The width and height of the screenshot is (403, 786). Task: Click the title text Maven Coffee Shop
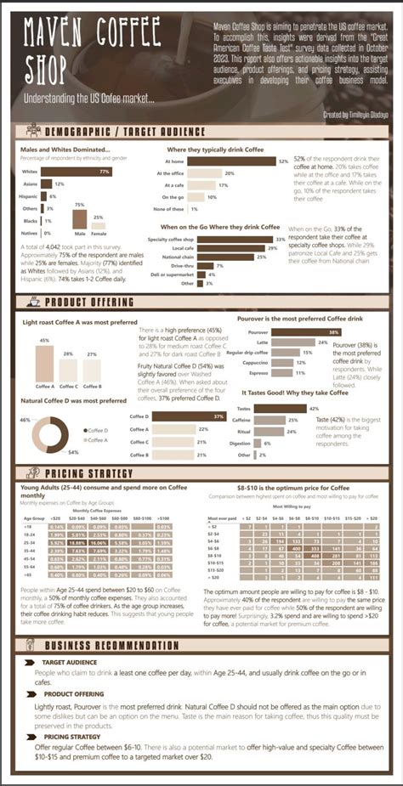(x=91, y=50)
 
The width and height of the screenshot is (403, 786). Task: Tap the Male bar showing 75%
(x=80, y=219)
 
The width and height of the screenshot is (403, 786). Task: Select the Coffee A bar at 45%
(x=44, y=364)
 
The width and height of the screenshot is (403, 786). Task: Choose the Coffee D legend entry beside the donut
(x=96, y=431)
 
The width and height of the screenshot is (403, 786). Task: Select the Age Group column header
(x=34, y=517)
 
